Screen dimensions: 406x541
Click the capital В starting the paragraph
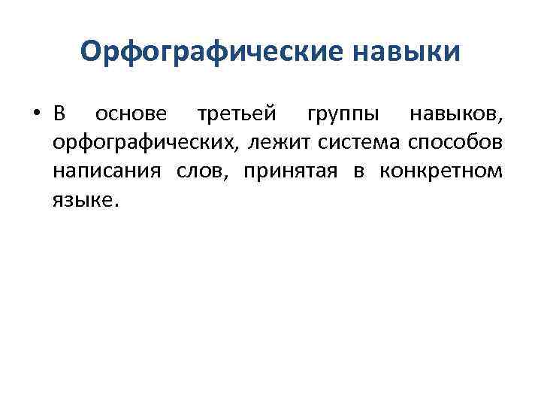tap(60, 115)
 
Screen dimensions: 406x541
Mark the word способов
tap(461, 143)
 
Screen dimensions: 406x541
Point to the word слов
tap(203, 171)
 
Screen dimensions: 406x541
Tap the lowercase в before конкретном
tap(358, 171)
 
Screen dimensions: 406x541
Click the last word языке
tap(82, 198)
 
